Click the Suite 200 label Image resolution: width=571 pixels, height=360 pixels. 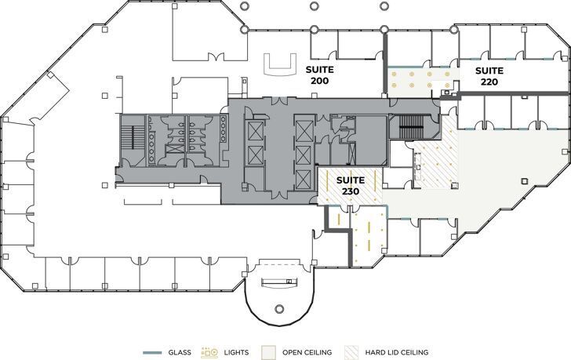click(x=319, y=75)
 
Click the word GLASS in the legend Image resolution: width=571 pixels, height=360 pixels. click(x=178, y=353)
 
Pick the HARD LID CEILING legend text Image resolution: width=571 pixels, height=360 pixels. click(x=394, y=353)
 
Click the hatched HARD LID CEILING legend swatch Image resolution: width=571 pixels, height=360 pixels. click(x=347, y=353)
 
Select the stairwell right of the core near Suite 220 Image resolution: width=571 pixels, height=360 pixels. click(x=410, y=125)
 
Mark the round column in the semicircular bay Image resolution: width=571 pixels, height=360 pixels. click(x=278, y=307)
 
